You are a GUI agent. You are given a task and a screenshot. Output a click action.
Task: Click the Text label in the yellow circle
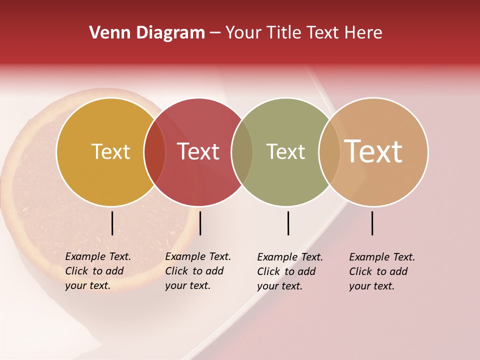110,151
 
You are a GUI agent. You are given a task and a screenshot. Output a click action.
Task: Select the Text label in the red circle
198,151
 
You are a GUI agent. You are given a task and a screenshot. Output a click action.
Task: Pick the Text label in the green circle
285,151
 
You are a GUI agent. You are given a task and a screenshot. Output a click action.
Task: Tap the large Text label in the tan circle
373,151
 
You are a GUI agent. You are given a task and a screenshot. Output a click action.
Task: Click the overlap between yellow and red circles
154,151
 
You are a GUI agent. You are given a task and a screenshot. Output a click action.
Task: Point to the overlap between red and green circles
242,151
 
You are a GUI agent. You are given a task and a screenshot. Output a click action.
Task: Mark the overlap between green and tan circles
329,151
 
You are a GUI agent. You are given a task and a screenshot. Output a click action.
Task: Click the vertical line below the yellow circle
112,223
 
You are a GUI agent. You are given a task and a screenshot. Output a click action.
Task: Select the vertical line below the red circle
200,223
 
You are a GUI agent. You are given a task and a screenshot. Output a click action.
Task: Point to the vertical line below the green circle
288,223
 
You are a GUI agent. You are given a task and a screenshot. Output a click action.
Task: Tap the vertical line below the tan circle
372,223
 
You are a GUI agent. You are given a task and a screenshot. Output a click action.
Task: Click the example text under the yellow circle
97,271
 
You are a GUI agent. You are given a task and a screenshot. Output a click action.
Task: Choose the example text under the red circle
197,271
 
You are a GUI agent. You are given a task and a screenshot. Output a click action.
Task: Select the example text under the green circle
289,271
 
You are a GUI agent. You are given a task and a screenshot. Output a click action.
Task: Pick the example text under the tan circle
381,271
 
